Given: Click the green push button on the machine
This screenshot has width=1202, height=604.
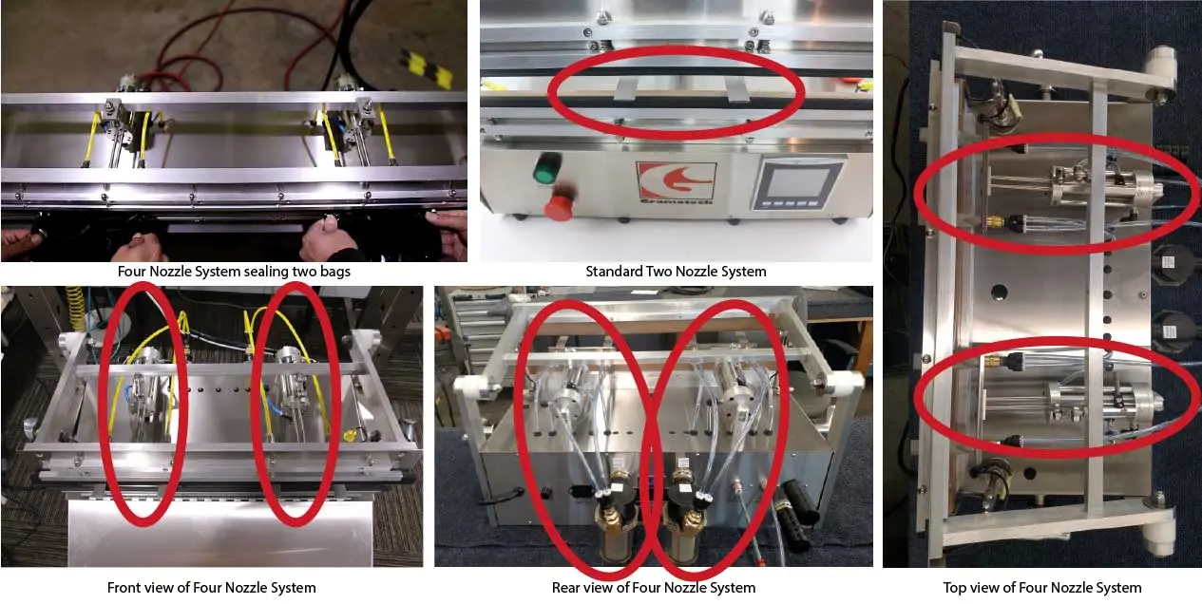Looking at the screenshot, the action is click(x=546, y=167).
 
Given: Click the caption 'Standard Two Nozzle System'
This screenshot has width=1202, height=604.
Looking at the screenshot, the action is click(x=676, y=272).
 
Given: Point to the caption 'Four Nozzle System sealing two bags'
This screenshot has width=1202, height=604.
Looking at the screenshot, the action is click(x=234, y=272).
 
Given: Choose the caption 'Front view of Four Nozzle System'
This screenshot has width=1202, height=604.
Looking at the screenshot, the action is click(x=212, y=587).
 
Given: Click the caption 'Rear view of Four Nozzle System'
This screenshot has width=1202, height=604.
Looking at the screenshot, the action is click(x=654, y=587).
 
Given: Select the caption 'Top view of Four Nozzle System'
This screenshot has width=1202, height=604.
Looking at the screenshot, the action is click(x=1042, y=587).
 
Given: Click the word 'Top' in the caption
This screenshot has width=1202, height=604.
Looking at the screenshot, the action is click(x=954, y=588).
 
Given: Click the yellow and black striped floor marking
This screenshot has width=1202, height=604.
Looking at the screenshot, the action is click(x=427, y=67).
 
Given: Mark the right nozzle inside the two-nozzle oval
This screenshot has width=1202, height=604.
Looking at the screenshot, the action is click(x=736, y=90).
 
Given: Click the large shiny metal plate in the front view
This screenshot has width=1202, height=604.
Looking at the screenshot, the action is click(x=220, y=531).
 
